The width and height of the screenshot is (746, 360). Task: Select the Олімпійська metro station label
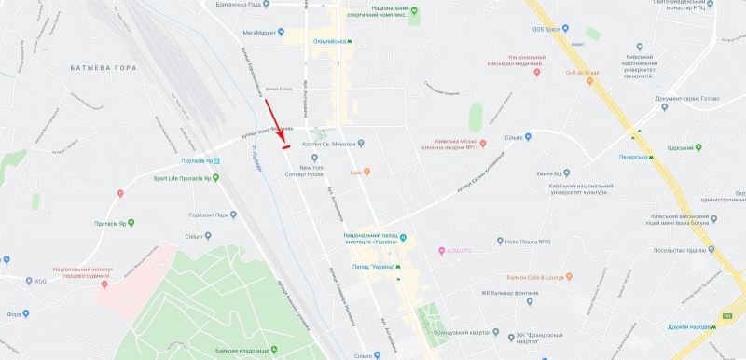click(x=327, y=42)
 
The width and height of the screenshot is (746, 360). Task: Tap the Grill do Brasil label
click(x=581, y=73)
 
